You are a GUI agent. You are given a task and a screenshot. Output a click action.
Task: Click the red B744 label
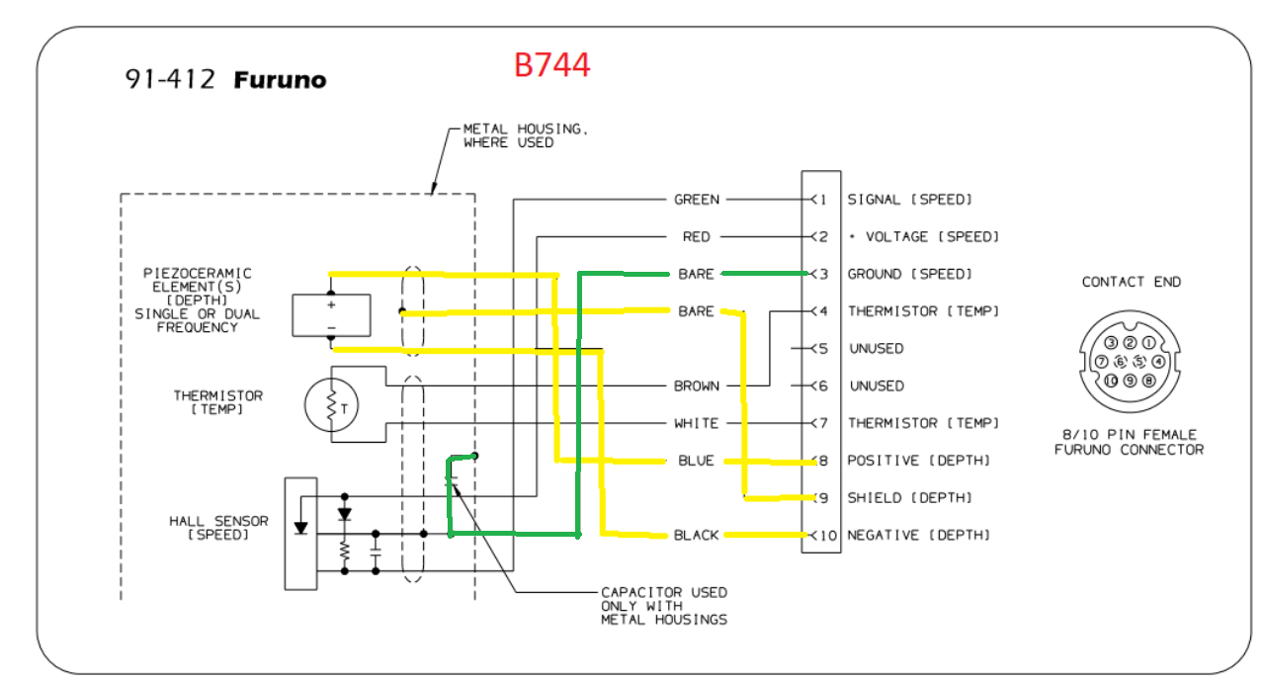point(551,65)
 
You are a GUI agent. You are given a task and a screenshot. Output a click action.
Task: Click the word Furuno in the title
point(280,80)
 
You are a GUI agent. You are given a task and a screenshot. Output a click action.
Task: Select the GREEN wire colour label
point(697,200)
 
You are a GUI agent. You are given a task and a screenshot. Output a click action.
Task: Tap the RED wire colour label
point(697,237)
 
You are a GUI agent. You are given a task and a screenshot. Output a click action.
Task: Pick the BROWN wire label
point(697,386)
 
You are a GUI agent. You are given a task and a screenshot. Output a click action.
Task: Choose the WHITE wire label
point(697,423)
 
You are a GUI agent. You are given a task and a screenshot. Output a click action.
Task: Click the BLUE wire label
point(696,461)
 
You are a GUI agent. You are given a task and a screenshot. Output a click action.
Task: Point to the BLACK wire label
point(697,536)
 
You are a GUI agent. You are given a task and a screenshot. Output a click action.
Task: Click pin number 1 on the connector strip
point(821,200)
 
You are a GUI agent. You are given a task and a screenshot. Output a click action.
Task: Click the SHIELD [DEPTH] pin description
point(910,498)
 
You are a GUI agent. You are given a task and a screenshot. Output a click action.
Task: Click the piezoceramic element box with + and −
point(331,315)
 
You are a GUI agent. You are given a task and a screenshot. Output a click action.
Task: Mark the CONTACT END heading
point(1132,282)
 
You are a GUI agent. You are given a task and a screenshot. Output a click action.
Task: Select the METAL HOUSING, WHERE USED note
point(515,136)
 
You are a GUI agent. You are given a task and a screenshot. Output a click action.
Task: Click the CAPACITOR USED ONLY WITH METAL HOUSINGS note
point(664,606)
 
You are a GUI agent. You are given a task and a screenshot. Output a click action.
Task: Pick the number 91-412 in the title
point(170,80)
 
